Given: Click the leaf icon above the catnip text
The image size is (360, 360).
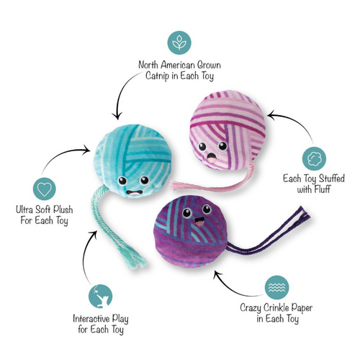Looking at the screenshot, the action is (179, 42).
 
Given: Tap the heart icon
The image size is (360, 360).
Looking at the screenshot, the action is (45, 189).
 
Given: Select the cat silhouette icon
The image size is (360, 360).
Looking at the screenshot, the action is (100, 297).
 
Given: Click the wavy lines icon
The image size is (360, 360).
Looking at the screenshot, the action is (277, 287).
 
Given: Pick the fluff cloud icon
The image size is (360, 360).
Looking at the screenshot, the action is (314, 158).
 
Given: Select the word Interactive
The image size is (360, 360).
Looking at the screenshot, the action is (91, 319).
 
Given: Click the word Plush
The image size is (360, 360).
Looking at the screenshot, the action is (63, 210).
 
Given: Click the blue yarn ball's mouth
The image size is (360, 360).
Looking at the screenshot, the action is (135, 193).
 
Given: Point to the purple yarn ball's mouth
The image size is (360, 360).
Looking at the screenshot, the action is (199, 222).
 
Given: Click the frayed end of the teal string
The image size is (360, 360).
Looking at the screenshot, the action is (139, 261).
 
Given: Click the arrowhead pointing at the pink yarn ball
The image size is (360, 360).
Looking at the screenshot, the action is (271, 115).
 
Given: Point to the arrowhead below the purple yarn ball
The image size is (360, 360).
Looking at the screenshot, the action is (217, 274).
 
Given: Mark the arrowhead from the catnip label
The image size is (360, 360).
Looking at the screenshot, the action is (117, 116).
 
